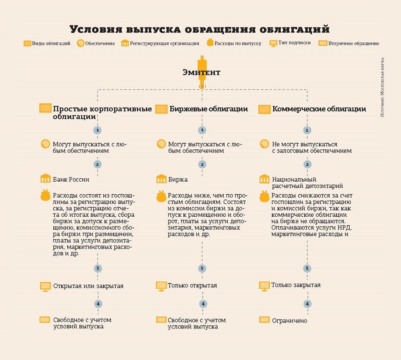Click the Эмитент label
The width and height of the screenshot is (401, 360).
click(x=201, y=73)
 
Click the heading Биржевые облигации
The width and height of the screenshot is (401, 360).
click(x=209, y=109)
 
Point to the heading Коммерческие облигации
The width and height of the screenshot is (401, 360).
click(x=319, y=109)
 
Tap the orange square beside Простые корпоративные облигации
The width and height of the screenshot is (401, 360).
click(x=45, y=108)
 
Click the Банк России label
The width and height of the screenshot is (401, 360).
click(x=71, y=179)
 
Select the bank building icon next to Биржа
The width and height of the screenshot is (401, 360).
click(x=162, y=179)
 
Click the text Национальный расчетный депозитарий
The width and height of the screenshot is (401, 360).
click(x=307, y=183)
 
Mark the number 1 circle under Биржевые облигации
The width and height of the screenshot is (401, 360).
click(x=202, y=130)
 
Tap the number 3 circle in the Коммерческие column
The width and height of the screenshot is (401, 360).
click(x=307, y=268)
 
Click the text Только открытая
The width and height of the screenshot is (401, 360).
click(x=192, y=285)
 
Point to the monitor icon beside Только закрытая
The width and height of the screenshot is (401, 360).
click(x=264, y=285)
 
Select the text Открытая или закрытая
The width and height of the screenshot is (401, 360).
click(x=88, y=286)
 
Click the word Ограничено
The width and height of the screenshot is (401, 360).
click(x=289, y=320)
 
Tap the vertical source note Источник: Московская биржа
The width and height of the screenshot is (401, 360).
click(x=382, y=88)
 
